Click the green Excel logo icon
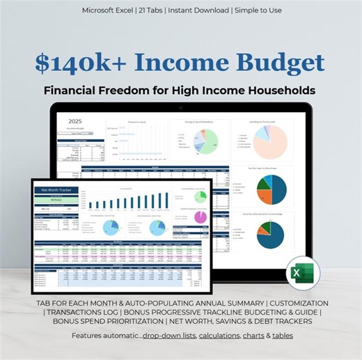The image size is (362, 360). [301, 273]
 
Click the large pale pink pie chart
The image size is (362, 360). [267, 138]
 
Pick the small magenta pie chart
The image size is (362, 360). [200, 217]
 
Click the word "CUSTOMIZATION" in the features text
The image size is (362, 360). [290, 304]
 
